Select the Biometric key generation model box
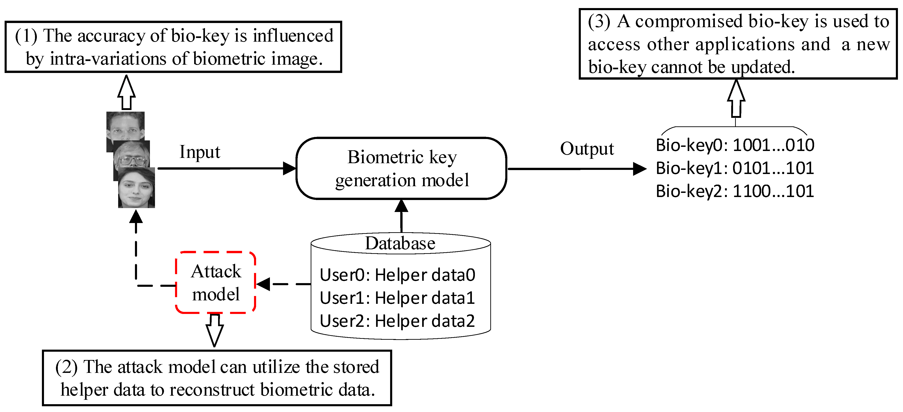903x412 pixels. pyautogui.click(x=401, y=168)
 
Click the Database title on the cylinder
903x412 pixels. pyautogui.click(x=400, y=243)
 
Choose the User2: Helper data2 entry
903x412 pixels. pyautogui.click(x=397, y=321)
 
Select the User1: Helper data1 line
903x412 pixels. pyautogui.click(x=397, y=298)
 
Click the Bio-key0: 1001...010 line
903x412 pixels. pyautogui.click(x=735, y=145)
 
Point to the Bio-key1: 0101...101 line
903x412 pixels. pyautogui.click(x=735, y=168)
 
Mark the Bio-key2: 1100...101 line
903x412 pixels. pyautogui.click(x=735, y=191)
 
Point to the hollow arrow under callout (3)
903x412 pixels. pyautogui.click(x=736, y=98)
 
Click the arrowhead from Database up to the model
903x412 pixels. pyautogui.click(x=401, y=206)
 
